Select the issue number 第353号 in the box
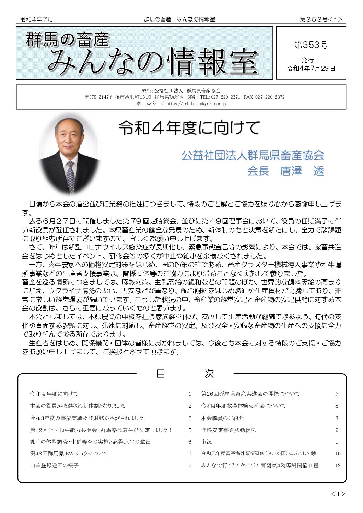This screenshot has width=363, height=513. point(311,45)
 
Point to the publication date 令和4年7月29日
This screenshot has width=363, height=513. point(311,68)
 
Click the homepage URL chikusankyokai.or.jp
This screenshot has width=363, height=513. point(205,103)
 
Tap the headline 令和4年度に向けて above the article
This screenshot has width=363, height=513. point(189,128)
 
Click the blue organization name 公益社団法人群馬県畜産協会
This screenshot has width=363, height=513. point(253,155)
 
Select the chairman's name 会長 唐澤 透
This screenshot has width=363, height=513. point(285,171)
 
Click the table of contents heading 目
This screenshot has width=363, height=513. point(161,374)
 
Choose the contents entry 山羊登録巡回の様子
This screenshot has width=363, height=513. point(54,465)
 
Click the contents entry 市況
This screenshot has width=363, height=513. point(207,442)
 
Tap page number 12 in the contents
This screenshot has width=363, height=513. point(338,465)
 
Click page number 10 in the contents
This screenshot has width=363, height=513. point(338,454)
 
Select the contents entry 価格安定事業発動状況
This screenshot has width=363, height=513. point(228,430)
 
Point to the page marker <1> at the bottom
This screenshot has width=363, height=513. point(338,494)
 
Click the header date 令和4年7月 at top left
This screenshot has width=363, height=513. point(37,20)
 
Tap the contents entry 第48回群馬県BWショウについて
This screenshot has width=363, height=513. point(69,453)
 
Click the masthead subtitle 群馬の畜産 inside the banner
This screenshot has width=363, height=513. point(68,39)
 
